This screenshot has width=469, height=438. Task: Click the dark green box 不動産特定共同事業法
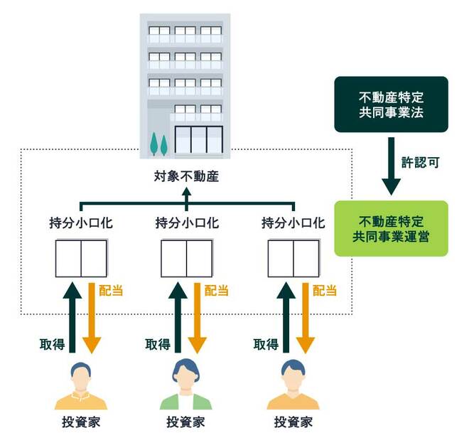pyautogui.click(x=392, y=105)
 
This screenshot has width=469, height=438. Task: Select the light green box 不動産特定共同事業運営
pyautogui.click(x=392, y=228)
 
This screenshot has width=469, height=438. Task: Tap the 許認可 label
pyautogui.click(x=424, y=161)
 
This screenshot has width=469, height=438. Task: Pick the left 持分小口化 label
pyautogui.click(x=80, y=223)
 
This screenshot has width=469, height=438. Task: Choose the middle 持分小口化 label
pyautogui.click(x=187, y=223)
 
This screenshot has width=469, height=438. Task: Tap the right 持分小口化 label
pyautogui.click(x=293, y=223)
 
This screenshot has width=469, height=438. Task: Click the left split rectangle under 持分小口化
pyautogui.click(x=80, y=258)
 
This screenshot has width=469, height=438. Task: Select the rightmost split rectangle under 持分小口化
pyautogui.click(x=293, y=258)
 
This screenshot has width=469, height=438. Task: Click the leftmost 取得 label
pyautogui.click(x=52, y=344)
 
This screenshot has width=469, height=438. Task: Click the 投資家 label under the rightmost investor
pyautogui.click(x=293, y=422)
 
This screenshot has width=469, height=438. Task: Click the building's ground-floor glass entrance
pyautogui.click(x=199, y=141)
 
